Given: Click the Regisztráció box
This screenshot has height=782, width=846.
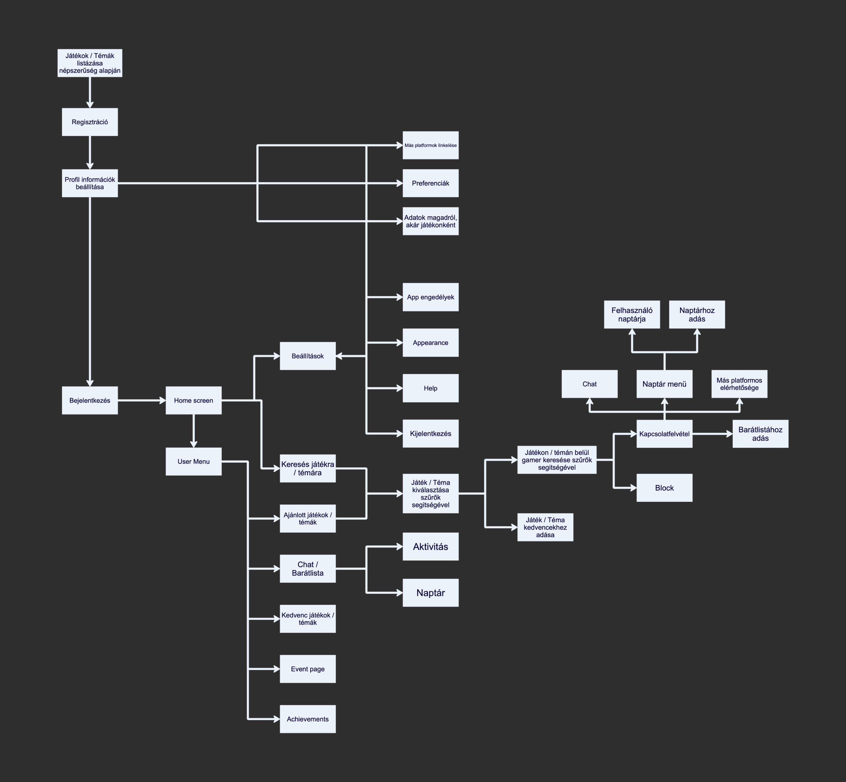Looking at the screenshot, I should pos(90,122).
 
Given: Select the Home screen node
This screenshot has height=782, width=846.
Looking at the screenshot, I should pos(193,400).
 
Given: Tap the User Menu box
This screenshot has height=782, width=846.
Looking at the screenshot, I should pos(193,461).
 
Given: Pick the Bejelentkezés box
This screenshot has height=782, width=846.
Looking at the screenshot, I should pos(90,400).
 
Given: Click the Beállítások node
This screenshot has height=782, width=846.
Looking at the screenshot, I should pos(307,356).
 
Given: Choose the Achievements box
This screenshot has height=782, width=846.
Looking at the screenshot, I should pos(307,719).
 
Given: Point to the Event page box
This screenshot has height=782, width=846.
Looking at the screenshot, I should pos(307,669).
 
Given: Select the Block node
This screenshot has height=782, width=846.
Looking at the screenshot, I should pos(664,488).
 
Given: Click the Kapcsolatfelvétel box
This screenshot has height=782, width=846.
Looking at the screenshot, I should pos(664,434).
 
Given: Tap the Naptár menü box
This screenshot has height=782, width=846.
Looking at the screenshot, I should pos(664,384).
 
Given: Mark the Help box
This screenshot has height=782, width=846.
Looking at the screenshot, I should pos(430,388).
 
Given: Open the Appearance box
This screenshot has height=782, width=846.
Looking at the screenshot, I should pos(430,343).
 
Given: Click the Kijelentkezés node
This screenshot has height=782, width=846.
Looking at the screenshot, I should pos(430,434).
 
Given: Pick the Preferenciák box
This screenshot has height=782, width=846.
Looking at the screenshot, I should pos(430,183).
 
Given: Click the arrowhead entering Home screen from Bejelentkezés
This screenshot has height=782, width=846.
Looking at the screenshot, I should pos(162,400).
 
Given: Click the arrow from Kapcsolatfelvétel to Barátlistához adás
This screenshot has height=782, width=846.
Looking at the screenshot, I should pos(712,434).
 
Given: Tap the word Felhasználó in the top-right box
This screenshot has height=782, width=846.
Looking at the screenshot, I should pos(632,310).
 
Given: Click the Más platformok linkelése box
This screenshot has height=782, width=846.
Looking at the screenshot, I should pos(430,145).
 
